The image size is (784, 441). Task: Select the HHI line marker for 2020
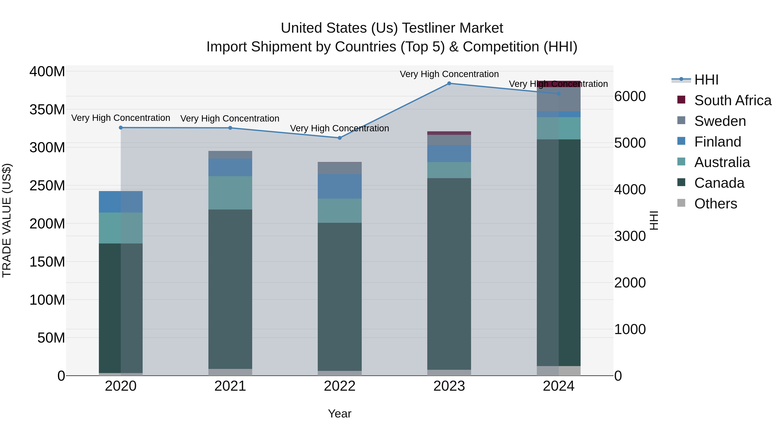pyautogui.click(x=121, y=128)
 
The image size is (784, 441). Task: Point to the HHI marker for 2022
pyautogui.click(x=340, y=138)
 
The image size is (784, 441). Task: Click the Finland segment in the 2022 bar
pyautogui.click(x=340, y=186)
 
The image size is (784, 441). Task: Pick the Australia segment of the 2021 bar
pyautogui.click(x=230, y=193)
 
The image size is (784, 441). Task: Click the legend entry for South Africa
pyautogui.click(x=733, y=100)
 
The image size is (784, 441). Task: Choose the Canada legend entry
pyautogui.click(x=719, y=183)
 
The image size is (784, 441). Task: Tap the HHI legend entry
pyautogui.click(x=706, y=80)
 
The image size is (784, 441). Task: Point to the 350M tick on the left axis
pyautogui.click(x=47, y=110)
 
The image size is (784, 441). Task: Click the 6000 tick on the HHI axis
pyautogui.click(x=630, y=96)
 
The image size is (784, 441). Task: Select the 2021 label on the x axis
pyautogui.click(x=230, y=386)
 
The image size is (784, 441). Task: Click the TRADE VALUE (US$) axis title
pyautogui.click(x=7, y=220)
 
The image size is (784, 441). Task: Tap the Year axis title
pyautogui.click(x=340, y=414)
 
